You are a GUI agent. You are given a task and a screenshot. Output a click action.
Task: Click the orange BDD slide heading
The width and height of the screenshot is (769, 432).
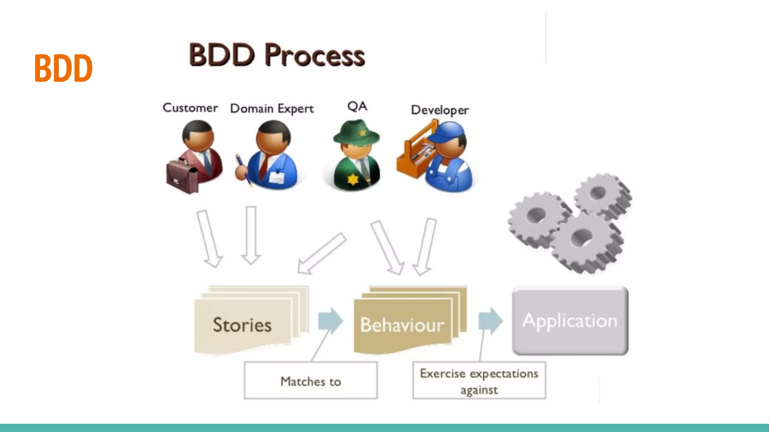(63, 68)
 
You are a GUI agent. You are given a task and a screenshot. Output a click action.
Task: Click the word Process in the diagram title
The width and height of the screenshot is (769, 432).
(314, 55)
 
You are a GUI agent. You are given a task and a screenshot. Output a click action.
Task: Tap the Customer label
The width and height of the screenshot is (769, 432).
(190, 108)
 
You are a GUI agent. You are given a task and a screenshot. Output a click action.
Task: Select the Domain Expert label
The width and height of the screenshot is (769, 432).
(271, 109)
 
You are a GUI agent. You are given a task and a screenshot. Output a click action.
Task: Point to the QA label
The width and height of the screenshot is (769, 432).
(357, 106)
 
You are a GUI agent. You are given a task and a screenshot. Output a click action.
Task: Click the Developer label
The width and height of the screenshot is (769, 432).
(440, 110)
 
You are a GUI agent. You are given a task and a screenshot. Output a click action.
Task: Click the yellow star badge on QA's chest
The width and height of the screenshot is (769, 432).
(353, 179)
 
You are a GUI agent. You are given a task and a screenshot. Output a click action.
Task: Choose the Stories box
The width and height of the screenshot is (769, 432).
(243, 324)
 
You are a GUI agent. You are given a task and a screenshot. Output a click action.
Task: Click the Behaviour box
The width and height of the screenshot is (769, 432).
(402, 325)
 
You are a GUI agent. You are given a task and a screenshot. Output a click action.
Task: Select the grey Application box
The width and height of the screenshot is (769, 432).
(570, 321)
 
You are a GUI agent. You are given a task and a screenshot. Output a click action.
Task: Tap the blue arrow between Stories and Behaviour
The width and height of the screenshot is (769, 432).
(330, 321)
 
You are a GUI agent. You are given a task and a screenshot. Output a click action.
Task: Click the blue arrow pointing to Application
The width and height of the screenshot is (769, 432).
(490, 321)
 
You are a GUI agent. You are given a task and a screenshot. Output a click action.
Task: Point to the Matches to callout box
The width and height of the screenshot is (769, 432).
(311, 381)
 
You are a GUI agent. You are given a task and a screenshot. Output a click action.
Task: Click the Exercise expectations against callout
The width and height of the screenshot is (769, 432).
(479, 381)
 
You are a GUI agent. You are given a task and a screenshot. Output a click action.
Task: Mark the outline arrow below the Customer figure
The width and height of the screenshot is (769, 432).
(210, 238)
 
